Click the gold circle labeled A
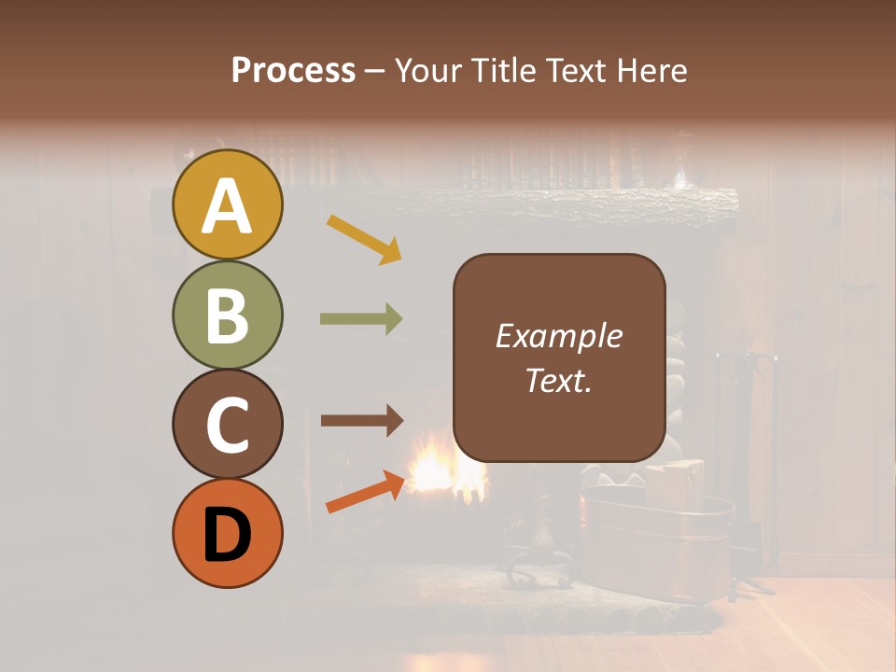point(227,204)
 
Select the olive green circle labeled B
point(227,315)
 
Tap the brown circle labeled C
point(227,424)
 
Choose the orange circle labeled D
point(227,533)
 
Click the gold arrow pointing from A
point(364,239)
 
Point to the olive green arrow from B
point(361,318)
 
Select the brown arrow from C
point(361,421)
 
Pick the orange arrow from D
point(365,492)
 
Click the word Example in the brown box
point(558,336)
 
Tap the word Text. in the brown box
point(558,380)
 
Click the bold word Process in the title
point(293,70)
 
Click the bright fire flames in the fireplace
point(439,467)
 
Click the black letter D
point(227,536)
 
